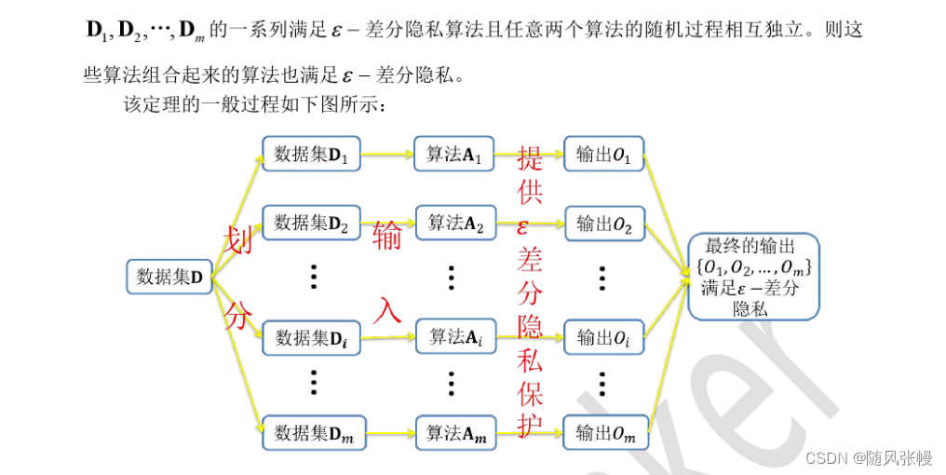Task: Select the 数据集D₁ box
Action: pyautogui.click(x=310, y=154)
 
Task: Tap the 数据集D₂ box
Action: pyautogui.click(x=310, y=223)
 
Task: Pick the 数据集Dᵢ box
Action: pyautogui.click(x=310, y=337)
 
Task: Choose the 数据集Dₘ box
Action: pyautogui.click(x=310, y=432)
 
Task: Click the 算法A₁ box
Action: pyautogui.click(x=453, y=154)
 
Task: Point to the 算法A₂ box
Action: pyautogui.click(x=453, y=223)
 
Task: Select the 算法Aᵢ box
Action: pyautogui.click(x=453, y=336)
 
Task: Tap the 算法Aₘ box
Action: pyautogui.click(x=453, y=432)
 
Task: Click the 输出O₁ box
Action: pyautogui.click(x=603, y=154)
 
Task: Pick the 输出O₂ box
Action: pyautogui.click(x=603, y=223)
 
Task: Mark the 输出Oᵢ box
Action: pyautogui.click(x=603, y=337)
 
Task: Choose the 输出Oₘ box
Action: pyautogui.click(x=603, y=432)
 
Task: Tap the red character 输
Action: pyautogui.click(x=386, y=237)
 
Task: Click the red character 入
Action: pyautogui.click(x=386, y=309)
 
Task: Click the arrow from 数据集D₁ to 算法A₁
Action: pyautogui.click(x=386, y=155)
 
